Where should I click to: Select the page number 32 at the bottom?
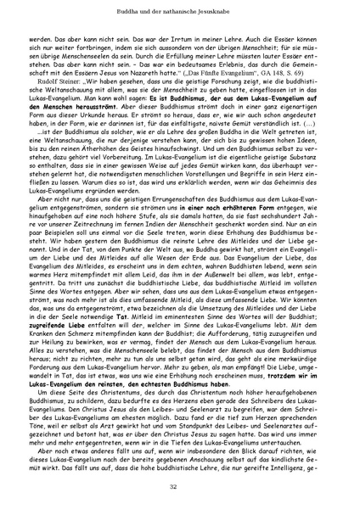tap(180, 485)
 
